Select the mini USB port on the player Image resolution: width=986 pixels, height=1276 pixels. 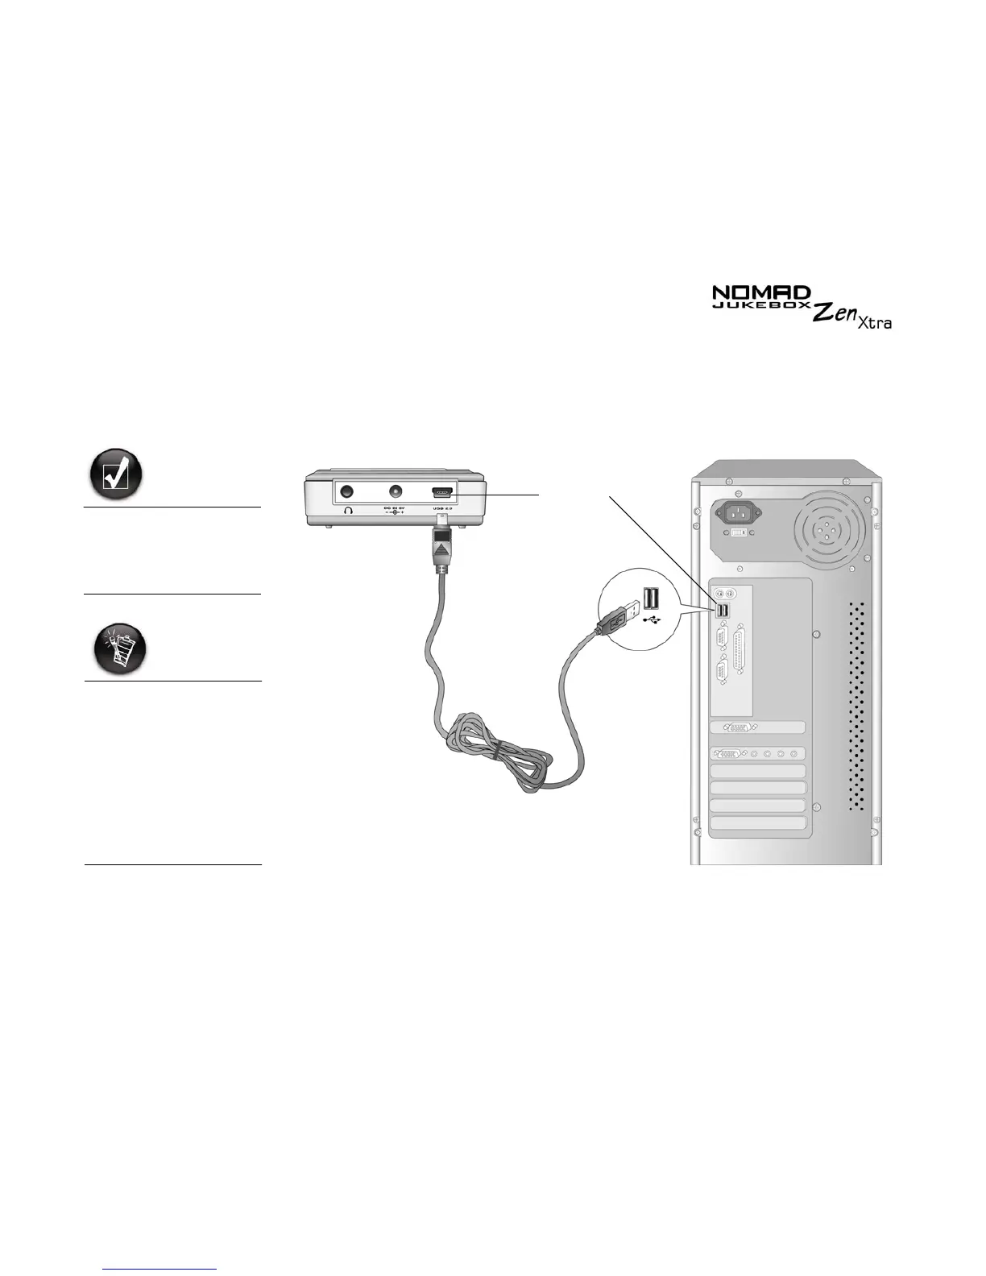click(443, 491)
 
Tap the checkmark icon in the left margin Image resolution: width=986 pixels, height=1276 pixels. click(115, 473)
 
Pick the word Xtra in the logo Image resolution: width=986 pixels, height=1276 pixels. click(874, 323)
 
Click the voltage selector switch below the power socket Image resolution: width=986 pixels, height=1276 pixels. click(739, 555)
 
